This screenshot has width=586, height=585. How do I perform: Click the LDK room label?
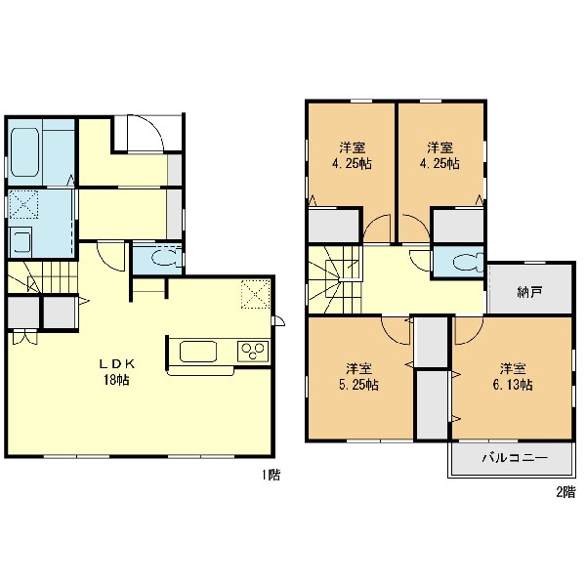pos(116,363)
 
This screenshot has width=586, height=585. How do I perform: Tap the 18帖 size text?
pos(116,380)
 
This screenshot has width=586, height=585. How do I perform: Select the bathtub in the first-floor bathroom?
pos(25,152)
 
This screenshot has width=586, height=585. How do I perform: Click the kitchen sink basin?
pos(198,352)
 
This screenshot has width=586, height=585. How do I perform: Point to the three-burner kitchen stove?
pos(253,352)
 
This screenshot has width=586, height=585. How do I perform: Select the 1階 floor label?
pos(271,475)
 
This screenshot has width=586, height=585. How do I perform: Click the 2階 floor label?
pos(565,492)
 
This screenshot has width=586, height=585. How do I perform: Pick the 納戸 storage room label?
pos(530,292)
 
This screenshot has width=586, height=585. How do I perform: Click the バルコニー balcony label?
pos(515,457)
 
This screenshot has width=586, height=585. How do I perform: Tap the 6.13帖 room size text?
pos(513,385)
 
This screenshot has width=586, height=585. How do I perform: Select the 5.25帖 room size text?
pos(358,385)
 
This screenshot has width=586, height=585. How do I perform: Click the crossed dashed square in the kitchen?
pos(256,294)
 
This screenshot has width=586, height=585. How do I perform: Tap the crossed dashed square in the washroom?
pos(23,204)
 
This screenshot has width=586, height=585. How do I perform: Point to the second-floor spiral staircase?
pos(334,279)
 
